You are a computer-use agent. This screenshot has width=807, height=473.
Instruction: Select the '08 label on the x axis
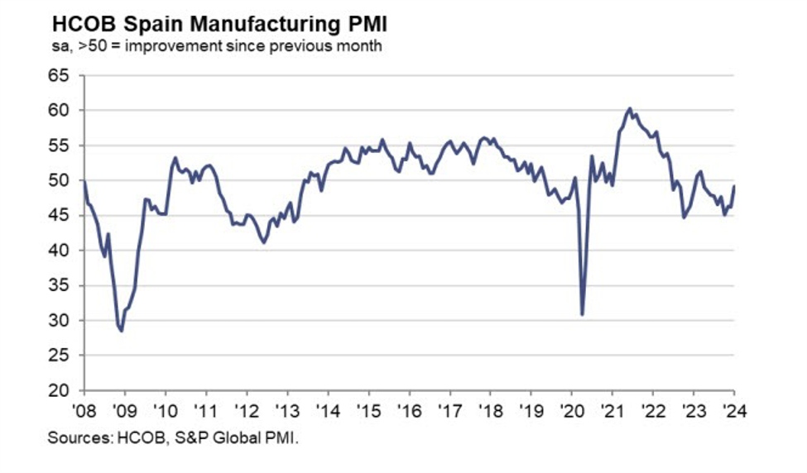[84, 409]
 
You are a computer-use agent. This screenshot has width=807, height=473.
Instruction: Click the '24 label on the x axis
[733, 409]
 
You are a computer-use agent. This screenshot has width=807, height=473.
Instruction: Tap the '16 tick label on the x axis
[409, 409]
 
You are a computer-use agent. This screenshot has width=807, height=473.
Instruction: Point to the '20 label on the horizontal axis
[571, 409]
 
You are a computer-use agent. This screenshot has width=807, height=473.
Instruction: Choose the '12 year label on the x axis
[247, 409]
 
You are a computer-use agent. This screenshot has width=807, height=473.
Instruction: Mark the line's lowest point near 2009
[122, 331]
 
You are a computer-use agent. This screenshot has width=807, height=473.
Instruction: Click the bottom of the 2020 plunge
[583, 314]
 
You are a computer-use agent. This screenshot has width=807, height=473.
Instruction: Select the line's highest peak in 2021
[630, 108]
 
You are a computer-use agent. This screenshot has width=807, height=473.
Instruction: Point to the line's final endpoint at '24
[733, 186]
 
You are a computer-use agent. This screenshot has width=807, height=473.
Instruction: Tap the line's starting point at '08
[84, 180]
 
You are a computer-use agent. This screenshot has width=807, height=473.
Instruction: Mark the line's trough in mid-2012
[264, 242]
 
